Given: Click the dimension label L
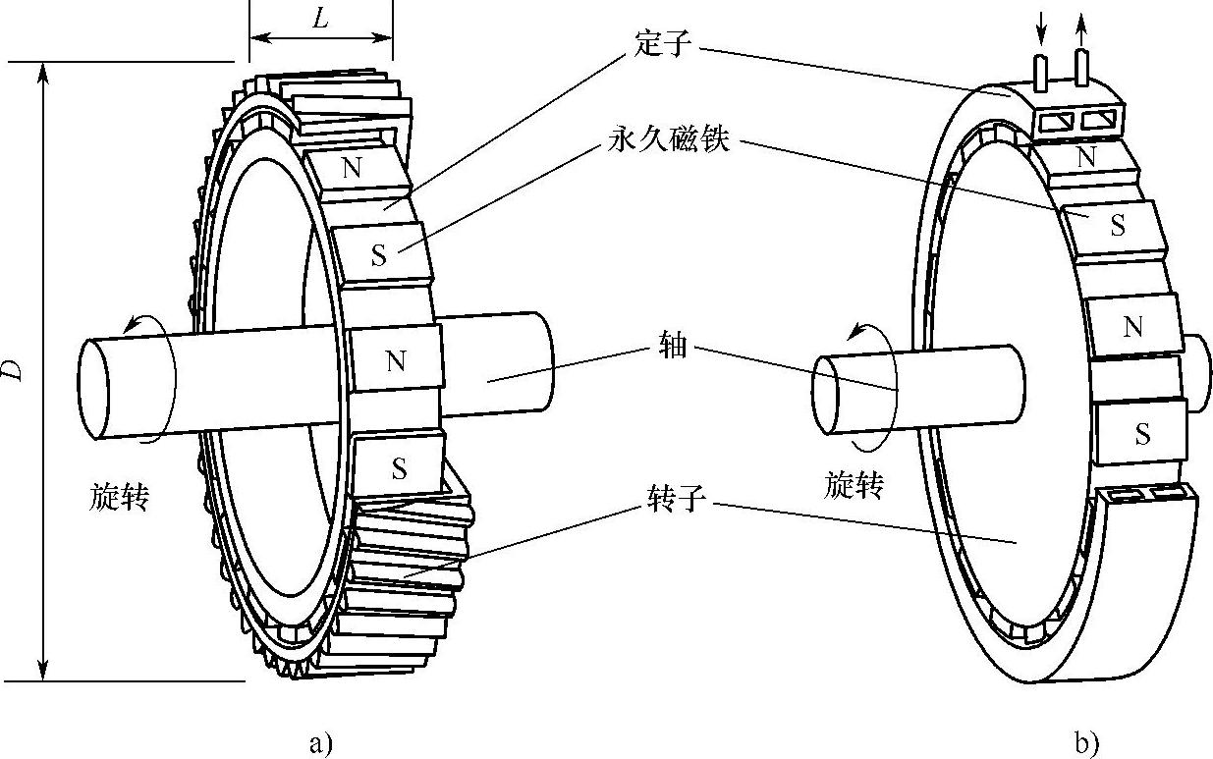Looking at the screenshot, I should (x=320, y=19).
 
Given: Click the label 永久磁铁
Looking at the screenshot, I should (x=668, y=141).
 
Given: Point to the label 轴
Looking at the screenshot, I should (x=675, y=346).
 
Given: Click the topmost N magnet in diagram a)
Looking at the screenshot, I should (x=351, y=168).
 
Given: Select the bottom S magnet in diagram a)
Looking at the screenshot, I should (x=398, y=469).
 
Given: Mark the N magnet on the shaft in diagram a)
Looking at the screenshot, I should (x=395, y=361).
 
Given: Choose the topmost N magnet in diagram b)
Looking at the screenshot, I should (x=1085, y=156).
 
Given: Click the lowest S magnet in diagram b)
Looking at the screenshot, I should (x=1141, y=433).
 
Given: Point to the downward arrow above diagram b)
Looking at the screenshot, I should (x=1043, y=30).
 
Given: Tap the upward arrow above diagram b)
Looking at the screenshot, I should (x=1081, y=28).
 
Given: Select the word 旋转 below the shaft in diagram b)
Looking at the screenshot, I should (x=854, y=485).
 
